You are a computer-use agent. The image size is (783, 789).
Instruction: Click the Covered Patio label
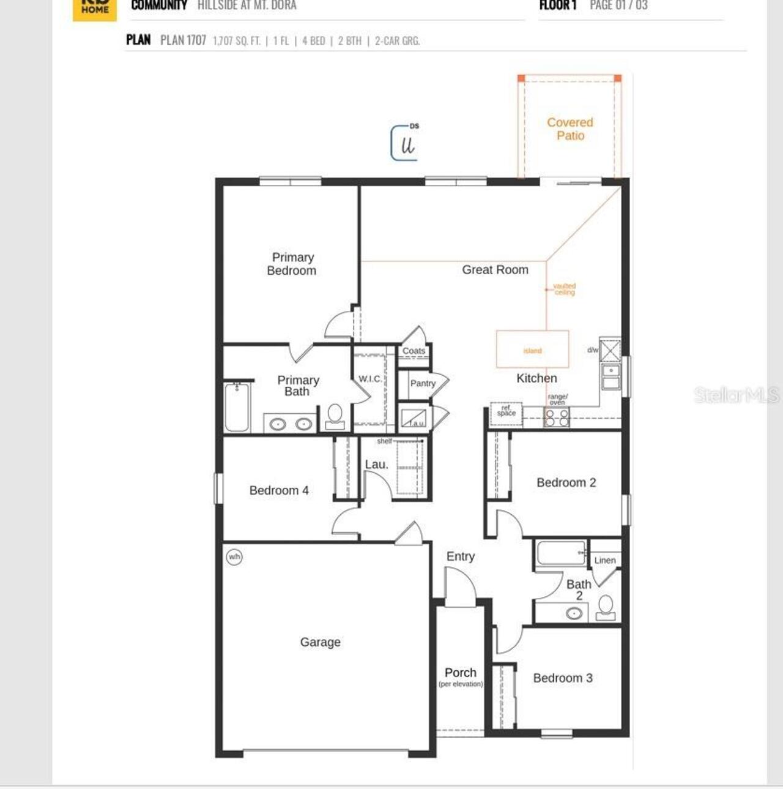(570, 129)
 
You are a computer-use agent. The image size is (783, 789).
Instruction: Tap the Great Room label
(495, 270)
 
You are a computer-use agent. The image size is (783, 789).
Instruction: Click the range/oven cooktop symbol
(557, 418)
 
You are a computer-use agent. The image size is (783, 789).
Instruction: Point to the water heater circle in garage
(234, 557)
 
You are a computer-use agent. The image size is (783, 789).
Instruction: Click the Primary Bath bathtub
(237, 407)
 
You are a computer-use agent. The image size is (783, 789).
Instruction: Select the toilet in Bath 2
(606, 607)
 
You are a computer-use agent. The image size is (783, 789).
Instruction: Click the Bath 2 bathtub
(561, 553)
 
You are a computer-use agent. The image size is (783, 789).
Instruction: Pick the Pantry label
(423, 384)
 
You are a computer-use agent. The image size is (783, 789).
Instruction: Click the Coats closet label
(414, 351)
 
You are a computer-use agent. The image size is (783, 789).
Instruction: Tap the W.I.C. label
(370, 380)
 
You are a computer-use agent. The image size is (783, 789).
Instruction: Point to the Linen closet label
(605, 560)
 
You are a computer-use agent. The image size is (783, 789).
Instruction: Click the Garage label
(320, 642)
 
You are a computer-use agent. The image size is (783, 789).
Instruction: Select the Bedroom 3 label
(563, 678)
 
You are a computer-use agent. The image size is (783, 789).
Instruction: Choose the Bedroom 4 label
(279, 490)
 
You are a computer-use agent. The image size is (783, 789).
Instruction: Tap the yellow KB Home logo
(95, 9)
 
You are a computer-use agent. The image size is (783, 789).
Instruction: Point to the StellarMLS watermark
(736, 395)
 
